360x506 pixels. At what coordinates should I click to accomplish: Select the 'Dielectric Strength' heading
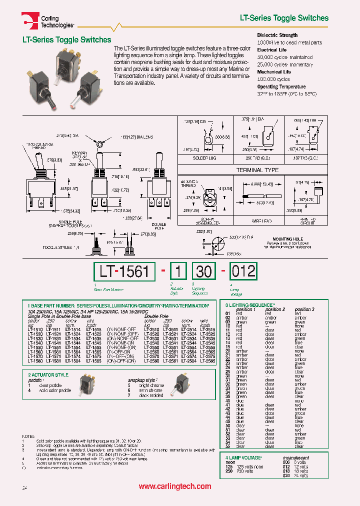277,35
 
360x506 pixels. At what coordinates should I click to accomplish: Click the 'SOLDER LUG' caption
202,158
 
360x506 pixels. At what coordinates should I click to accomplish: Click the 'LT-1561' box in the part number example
124,271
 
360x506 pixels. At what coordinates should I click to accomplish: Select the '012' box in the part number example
242,271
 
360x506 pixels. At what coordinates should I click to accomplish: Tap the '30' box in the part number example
203,271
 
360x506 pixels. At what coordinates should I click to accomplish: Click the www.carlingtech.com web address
175,486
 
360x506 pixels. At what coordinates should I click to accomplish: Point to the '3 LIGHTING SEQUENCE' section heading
248,305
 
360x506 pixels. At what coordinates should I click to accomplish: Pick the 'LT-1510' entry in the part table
34,330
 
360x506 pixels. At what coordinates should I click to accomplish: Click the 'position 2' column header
275,309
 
